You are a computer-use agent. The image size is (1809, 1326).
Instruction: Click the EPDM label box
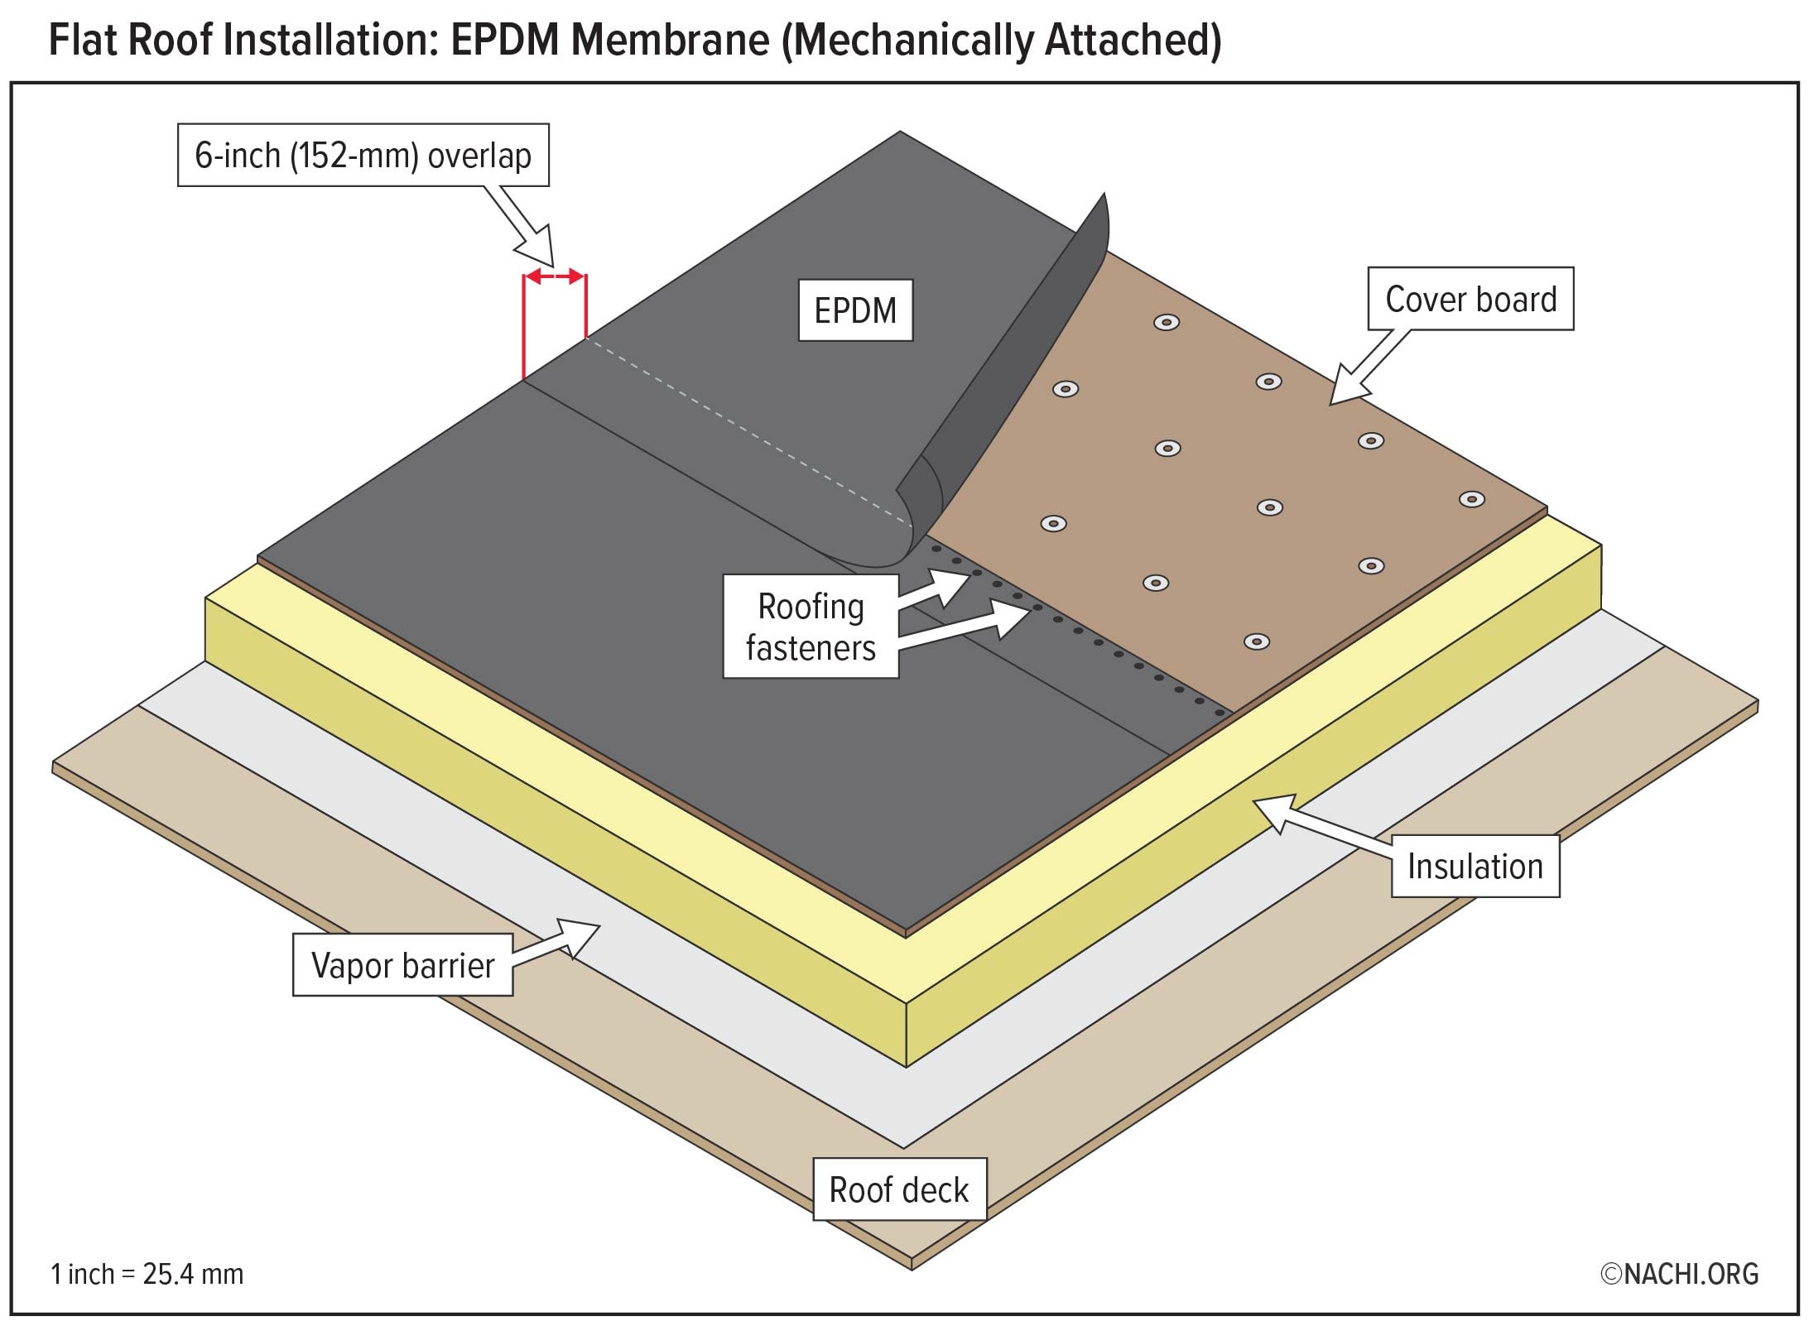point(855,310)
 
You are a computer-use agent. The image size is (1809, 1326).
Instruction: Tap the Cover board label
point(1470,299)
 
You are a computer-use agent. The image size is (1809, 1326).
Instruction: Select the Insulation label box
point(1475,867)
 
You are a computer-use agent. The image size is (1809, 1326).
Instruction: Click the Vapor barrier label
point(402,965)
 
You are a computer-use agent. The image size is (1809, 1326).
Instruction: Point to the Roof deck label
point(899,1189)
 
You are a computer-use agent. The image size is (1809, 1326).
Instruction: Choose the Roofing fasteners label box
point(811,627)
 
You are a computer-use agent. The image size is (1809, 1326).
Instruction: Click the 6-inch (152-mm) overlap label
point(363,156)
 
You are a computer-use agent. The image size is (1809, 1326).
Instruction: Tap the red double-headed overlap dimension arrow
point(555,276)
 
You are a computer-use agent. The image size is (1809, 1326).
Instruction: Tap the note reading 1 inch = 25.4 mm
point(147,1274)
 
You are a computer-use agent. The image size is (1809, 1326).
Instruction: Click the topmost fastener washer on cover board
point(1167,322)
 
